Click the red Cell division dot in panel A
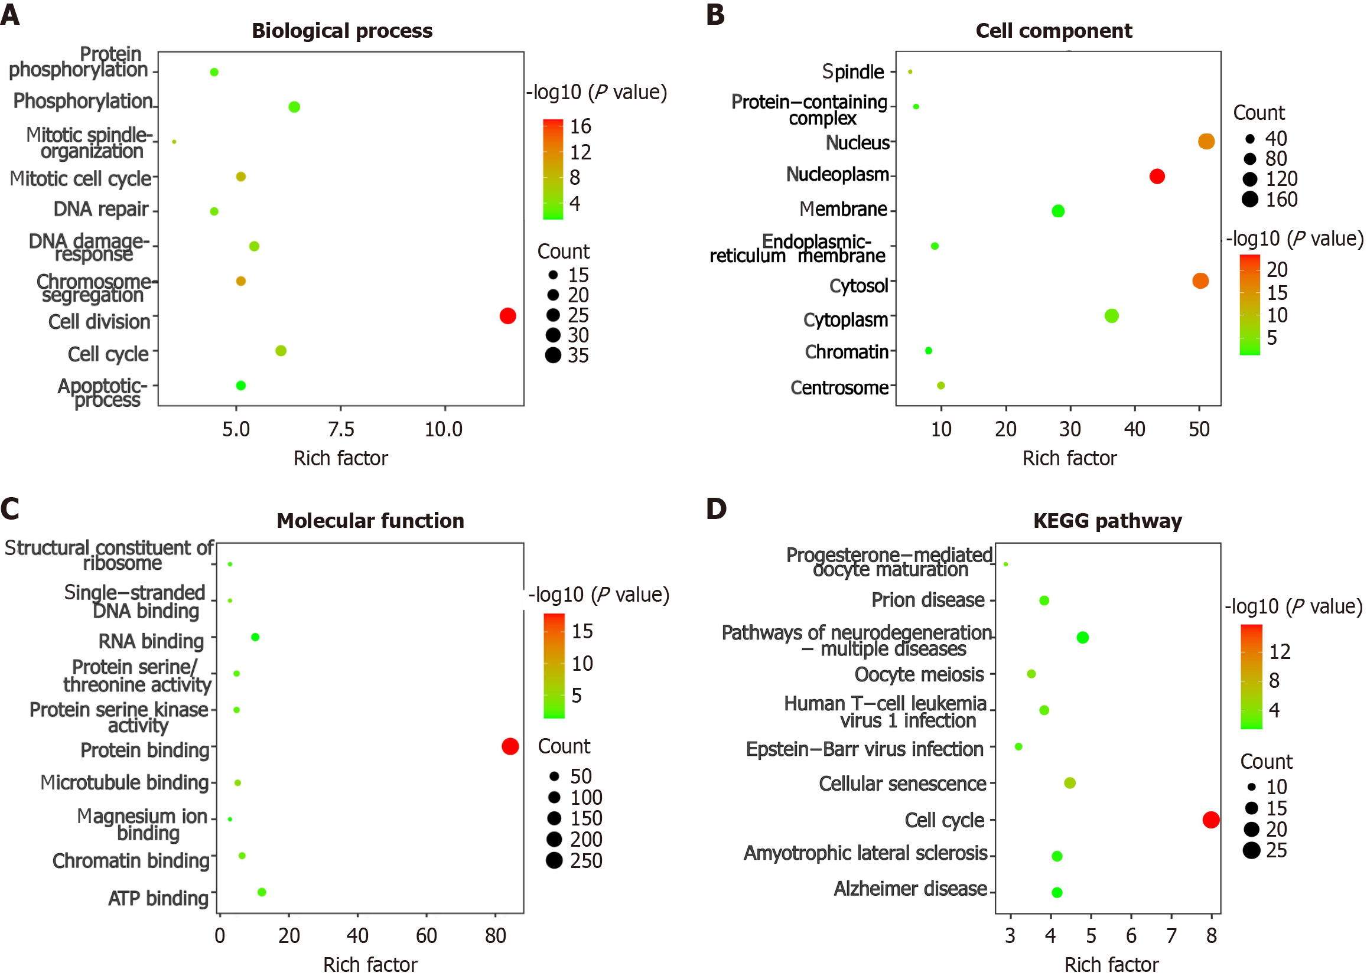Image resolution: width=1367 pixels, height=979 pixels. coord(507,316)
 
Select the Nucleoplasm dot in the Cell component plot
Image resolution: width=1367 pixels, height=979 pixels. coord(1157,177)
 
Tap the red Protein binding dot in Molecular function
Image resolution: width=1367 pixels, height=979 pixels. coord(510,746)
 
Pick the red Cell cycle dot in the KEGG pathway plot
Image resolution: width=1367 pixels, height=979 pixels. coord(1211,820)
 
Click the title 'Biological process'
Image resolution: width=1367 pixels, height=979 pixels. coord(341,31)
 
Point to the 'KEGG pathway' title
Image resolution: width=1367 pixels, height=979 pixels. coord(1107,521)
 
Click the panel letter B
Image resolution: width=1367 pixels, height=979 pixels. coord(715,14)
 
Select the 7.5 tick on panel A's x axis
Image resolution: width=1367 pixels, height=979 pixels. coord(340,429)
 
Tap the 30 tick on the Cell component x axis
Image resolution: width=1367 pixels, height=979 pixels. coord(1070,429)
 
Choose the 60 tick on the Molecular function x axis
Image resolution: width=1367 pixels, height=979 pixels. coord(426,936)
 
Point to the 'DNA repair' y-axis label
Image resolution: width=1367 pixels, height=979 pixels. coord(100,209)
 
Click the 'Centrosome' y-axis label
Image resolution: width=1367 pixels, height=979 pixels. coord(839,387)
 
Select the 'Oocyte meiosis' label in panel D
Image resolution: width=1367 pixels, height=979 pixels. coord(919,674)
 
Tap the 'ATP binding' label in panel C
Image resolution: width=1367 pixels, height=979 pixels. coord(158,898)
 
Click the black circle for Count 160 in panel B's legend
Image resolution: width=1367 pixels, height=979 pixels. coord(1250,199)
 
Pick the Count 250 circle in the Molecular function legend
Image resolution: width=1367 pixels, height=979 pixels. coord(554,860)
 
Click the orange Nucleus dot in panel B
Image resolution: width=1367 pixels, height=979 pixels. coord(1206,142)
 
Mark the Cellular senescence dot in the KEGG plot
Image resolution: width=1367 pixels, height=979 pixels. coord(1070,782)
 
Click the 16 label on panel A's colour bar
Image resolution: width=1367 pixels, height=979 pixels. coord(581,126)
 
